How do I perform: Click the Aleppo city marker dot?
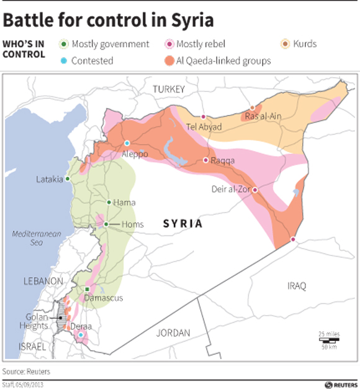127,143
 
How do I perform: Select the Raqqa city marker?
206,160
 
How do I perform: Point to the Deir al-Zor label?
229,190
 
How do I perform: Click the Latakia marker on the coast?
68,179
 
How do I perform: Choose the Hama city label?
125,203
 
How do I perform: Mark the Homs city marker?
106,224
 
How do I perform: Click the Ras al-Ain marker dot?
251,108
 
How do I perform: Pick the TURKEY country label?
169,89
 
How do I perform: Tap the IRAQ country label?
297,286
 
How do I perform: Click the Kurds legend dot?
285,44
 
